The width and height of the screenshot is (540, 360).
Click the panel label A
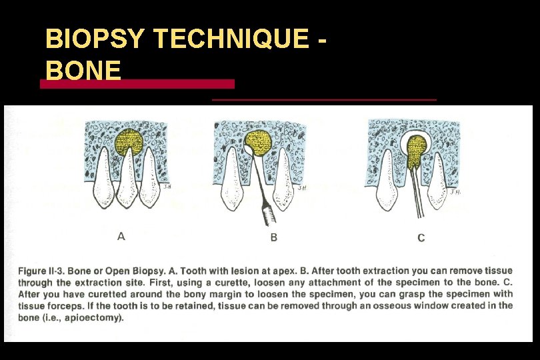point(121,236)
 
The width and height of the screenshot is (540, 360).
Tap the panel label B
point(273,237)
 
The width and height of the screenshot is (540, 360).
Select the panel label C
point(421,238)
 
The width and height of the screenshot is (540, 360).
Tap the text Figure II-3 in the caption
point(46,271)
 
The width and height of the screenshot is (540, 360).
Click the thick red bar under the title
point(137,84)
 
